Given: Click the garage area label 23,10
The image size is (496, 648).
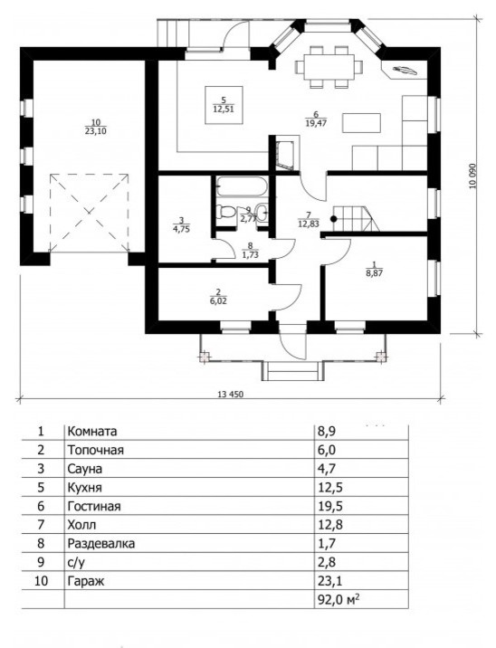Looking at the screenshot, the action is tap(97, 132).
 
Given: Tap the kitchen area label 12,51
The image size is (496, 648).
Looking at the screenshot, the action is tap(224, 110).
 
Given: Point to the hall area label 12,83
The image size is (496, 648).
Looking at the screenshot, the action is tap(308, 224).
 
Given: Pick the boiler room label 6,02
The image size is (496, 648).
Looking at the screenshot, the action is tap(218, 300).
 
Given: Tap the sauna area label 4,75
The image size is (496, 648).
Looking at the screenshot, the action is tap(182, 229).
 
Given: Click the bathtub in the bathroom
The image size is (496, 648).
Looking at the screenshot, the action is tap(242, 186).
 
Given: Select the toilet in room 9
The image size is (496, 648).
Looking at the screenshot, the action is tap(225, 213).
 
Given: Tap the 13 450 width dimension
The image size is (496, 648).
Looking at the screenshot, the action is tap(230, 395).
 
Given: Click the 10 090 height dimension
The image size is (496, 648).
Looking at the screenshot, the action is tap(472, 176).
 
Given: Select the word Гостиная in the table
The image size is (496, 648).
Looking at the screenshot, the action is tap(94, 506).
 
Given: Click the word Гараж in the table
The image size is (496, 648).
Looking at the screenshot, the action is tap(86, 581).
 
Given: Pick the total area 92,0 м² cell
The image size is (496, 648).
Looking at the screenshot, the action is tap(338, 599).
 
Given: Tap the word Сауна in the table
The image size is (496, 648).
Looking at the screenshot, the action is tap(85, 469).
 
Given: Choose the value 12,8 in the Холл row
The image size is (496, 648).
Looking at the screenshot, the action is tap(329, 525).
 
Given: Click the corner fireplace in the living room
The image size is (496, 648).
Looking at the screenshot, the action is tap(404, 70).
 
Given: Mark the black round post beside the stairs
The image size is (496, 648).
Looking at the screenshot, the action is tap(333, 219).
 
